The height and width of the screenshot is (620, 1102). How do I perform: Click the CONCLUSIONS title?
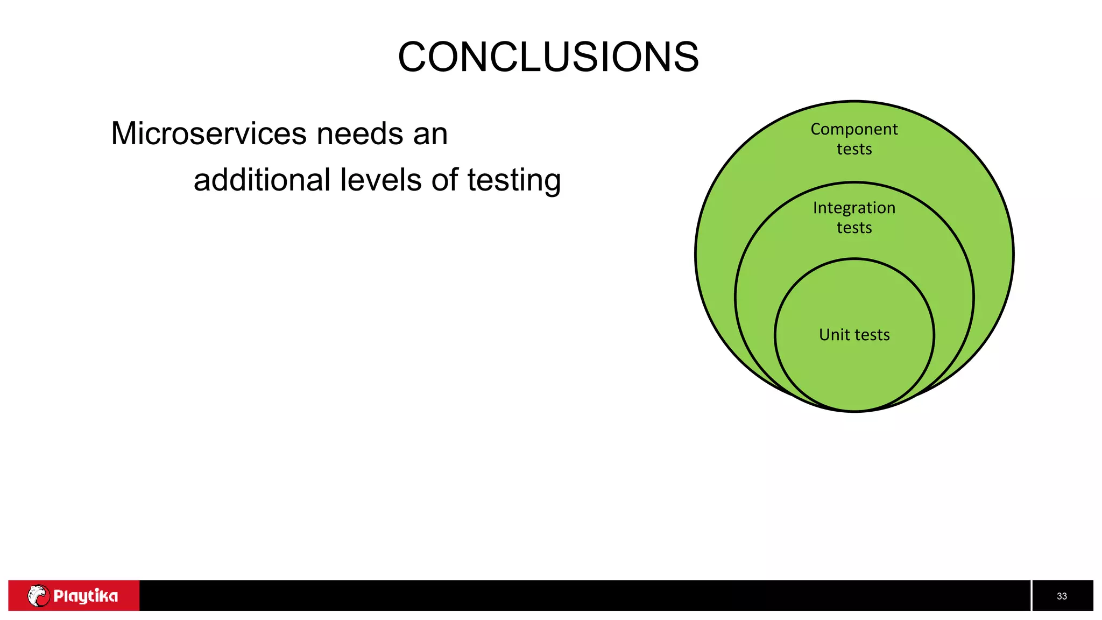[548, 57]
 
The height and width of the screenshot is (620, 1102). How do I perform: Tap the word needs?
[359, 133]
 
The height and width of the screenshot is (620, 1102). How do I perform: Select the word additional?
[262, 180]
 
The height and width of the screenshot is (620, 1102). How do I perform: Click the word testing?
[514, 181]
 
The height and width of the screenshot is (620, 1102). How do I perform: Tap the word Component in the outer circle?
[854, 130]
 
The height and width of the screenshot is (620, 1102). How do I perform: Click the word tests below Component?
[854, 149]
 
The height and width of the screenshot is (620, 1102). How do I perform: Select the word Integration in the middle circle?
[854, 208]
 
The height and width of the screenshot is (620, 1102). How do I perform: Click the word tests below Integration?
[854, 228]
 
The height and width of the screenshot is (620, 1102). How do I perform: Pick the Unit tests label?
[854, 335]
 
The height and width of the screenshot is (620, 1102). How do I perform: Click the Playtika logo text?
[86, 596]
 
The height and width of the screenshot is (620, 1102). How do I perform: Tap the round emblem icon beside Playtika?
[38, 596]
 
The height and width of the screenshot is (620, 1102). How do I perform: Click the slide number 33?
[1062, 596]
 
